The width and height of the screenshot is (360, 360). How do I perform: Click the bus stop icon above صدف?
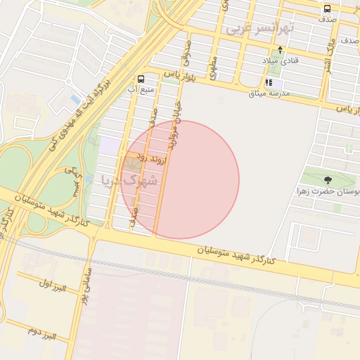[327, 9]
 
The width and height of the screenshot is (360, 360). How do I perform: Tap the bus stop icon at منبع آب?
[141, 79]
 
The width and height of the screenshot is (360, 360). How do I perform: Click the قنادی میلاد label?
[281, 61]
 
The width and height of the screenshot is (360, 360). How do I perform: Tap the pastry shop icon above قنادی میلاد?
[281, 51]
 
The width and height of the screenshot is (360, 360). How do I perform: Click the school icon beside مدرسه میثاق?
[268, 82]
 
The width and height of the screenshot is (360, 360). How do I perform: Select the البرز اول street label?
[52, 285]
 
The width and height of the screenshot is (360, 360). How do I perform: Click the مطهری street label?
[212, 65]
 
